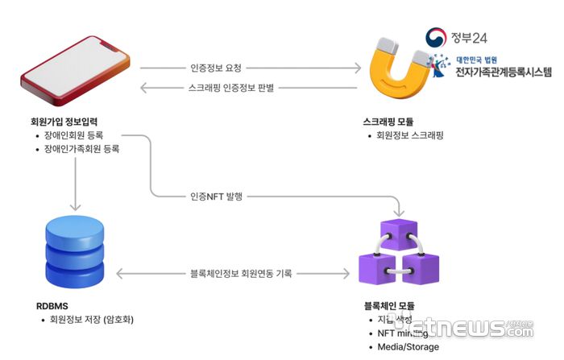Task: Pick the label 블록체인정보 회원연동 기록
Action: point(240,274)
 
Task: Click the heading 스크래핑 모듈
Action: point(388,122)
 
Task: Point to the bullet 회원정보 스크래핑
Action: point(410,135)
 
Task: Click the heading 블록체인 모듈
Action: point(395,305)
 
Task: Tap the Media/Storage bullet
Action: point(408,346)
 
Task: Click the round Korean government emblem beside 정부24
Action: point(437,38)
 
